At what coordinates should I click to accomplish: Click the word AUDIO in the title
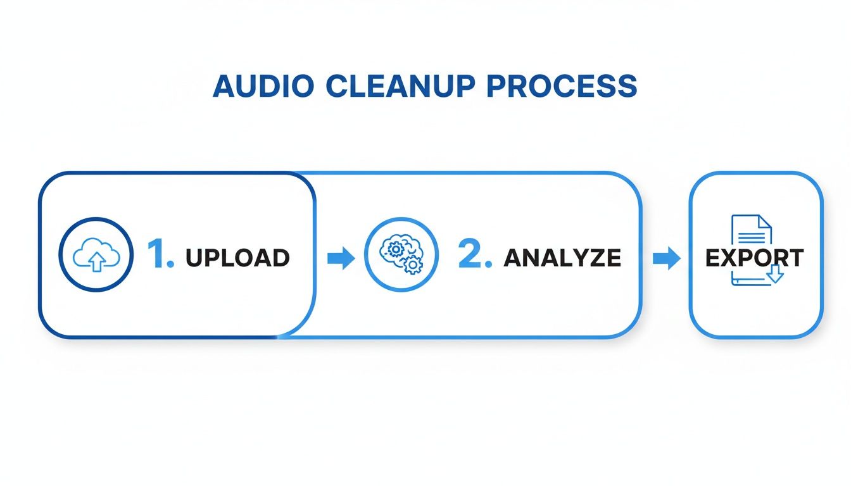coord(262,86)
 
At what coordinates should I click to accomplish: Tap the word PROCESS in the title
coord(561,86)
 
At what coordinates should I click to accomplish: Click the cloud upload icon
coord(96,255)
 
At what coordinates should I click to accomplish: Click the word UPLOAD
coord(237,258)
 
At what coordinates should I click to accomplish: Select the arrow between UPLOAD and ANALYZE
coord(341,258)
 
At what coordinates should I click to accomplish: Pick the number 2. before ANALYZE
coord(474,255)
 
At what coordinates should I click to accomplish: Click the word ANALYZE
coord(562,258)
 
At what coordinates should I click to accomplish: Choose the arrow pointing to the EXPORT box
coord(666,258)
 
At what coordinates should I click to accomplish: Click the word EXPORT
coord(755,258)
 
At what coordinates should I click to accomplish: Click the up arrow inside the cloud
coord(96,261)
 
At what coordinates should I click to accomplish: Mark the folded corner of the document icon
coord(765,221)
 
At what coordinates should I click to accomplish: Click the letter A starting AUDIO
coord(224,86)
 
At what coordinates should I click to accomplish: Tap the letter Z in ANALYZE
coord(594,258)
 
